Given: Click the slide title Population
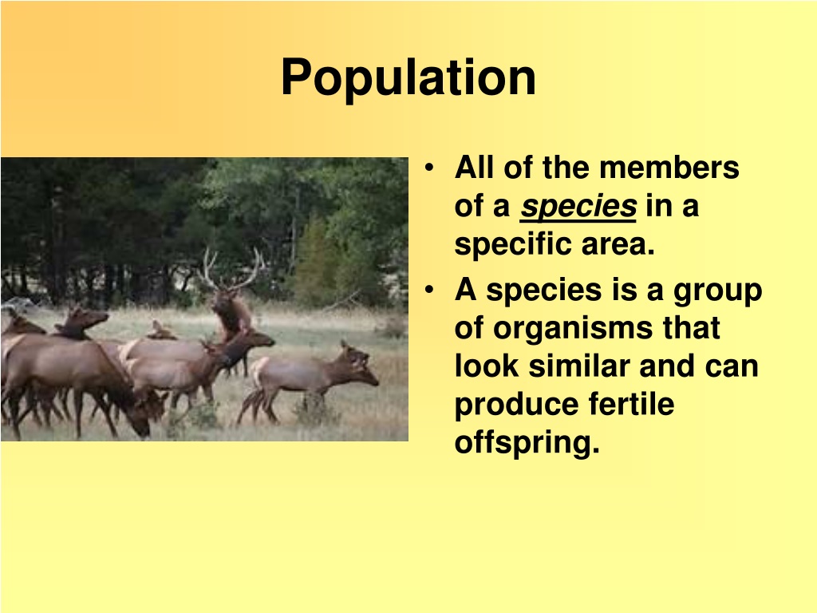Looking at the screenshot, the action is [x=408, y=78].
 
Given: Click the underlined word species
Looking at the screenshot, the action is [x=578, y=207].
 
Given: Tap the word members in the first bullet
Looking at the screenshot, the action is [x=669, y=168].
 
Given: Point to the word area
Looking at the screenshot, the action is [x=618, y=245].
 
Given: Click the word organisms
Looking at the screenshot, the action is [x=573, y=329].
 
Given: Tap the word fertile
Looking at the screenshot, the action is [x=631, y=404].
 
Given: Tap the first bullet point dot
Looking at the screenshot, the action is [x=428, y=168].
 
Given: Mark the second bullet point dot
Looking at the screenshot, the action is [x=428, y=289].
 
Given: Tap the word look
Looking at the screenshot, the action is [x=486, y=366].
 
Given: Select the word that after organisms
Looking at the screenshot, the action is [x=691, y=328].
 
